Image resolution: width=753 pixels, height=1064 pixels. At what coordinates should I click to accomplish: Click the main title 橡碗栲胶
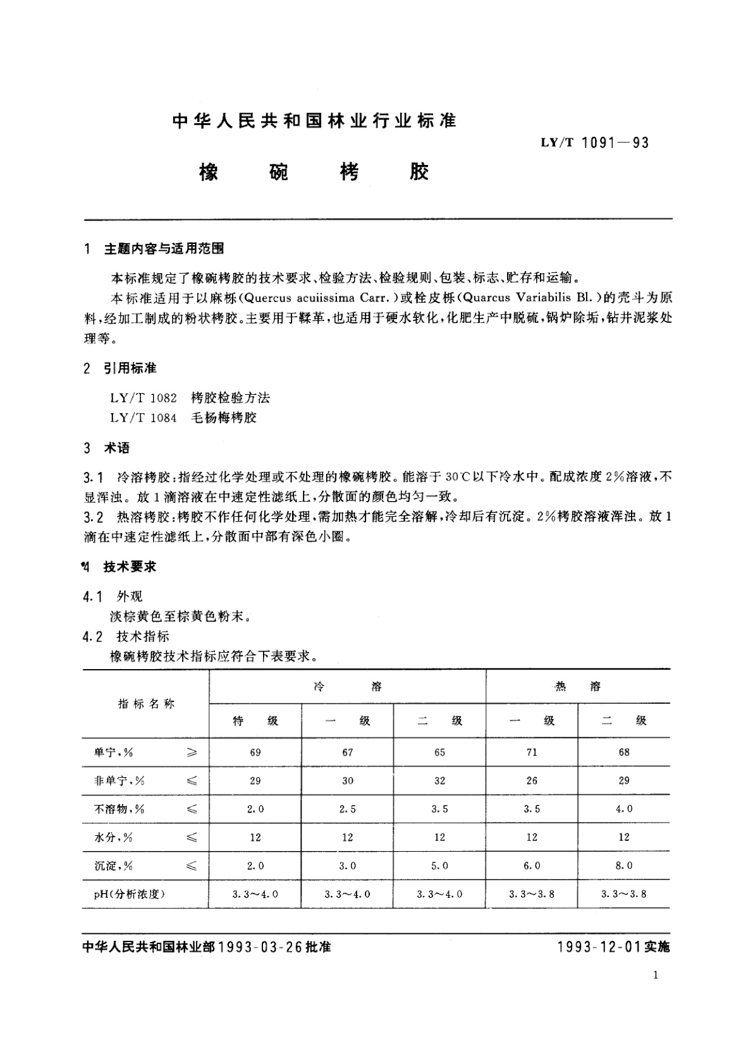click(314, 172)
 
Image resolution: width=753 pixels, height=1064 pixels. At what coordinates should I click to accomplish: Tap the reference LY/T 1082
click(144, 397)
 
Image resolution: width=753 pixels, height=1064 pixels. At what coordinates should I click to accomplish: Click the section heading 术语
click(116, 448)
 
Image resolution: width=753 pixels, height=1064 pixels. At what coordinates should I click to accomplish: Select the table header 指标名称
click(146, 704)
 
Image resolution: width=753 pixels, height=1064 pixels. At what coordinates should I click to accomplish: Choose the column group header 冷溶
click(347, 686)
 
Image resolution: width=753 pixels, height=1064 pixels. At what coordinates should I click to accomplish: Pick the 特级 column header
click(255, 720)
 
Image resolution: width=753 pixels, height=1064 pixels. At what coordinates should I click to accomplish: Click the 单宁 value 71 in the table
click(532, 752)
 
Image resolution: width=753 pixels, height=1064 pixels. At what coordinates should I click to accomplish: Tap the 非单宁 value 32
click(439, 780)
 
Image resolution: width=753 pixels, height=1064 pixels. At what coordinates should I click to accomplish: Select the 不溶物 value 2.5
click(347, 809)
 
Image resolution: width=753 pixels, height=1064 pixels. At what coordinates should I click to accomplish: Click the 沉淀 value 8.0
click(624, 866)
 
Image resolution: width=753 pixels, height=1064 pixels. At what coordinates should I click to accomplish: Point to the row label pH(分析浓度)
click(130, 894)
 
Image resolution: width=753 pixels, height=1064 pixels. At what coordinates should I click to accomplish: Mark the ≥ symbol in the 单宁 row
click(192, 752)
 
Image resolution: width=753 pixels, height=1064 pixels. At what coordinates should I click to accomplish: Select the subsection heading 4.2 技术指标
click(126, 636)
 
